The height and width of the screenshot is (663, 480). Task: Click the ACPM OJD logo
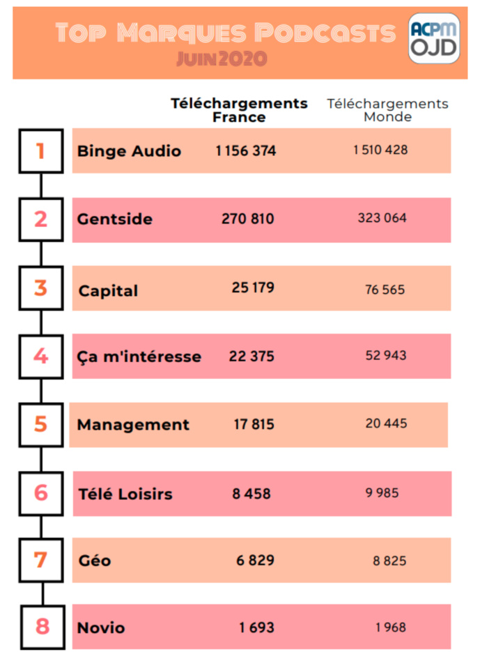[x=433, y=38]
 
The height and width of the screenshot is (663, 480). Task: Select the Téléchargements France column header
[x=239, y=110]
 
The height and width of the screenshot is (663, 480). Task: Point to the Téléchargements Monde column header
[x=387, y=110]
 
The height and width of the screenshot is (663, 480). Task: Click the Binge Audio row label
[x=129, y=150]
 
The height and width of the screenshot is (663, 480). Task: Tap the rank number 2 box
[x=41, y=219]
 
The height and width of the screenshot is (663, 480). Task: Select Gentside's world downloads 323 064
[x=382, y=218]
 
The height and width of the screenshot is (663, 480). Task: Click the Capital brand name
[x=108, y=290]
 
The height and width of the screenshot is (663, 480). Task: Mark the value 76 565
[x=385, y=289]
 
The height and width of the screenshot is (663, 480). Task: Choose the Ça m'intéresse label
[x=139, y=357]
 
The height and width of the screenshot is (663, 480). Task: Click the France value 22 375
[x=251, y=356]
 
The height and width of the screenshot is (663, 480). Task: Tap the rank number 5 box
[x=41, y=424]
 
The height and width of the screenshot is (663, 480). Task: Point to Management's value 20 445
[x=386, y=423]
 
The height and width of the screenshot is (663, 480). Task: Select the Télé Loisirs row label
[x=125, y=494]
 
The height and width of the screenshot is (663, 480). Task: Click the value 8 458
[x=251, y=494]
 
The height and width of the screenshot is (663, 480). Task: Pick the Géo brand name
[x=95, y=561]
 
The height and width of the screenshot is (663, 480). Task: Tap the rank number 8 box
[x=42, y=626]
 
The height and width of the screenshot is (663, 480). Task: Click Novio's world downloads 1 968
[x=390, y=627]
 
